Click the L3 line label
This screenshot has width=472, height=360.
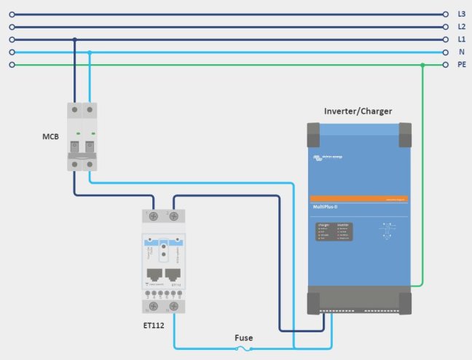pos(461,14)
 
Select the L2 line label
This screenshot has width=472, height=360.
pos(461,26)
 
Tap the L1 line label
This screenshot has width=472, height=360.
pos(461,39)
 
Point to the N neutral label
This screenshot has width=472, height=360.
pos(461,52)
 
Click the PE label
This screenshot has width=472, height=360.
pos(461,65)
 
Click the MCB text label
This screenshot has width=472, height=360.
pos(50,136)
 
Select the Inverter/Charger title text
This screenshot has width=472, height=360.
pos(358,111)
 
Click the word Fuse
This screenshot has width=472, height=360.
pos(244,338)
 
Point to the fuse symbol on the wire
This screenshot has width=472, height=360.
pos(244,349)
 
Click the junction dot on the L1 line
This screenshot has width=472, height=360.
pos(74,39)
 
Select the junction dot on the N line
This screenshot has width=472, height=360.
pos(90,52)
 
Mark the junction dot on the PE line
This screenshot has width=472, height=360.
pos(422,65)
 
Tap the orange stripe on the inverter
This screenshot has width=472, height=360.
pos(357,198)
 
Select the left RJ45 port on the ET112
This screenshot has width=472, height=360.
pos(154,275)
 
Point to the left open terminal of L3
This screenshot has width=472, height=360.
pos(12,14)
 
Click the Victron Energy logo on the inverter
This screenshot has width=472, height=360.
pos(326,156)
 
